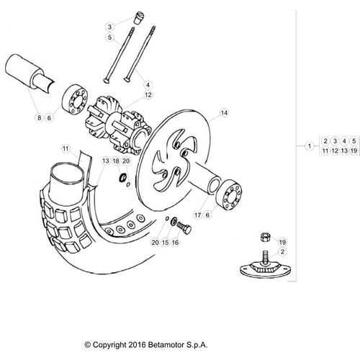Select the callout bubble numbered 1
point(309,146)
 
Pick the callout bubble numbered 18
point(115,161)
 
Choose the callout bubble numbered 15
point(165,243)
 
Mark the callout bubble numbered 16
point(175,243)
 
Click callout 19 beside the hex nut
point(282,242)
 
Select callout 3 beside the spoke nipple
point(109,26)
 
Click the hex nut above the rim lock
point(264,237)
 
